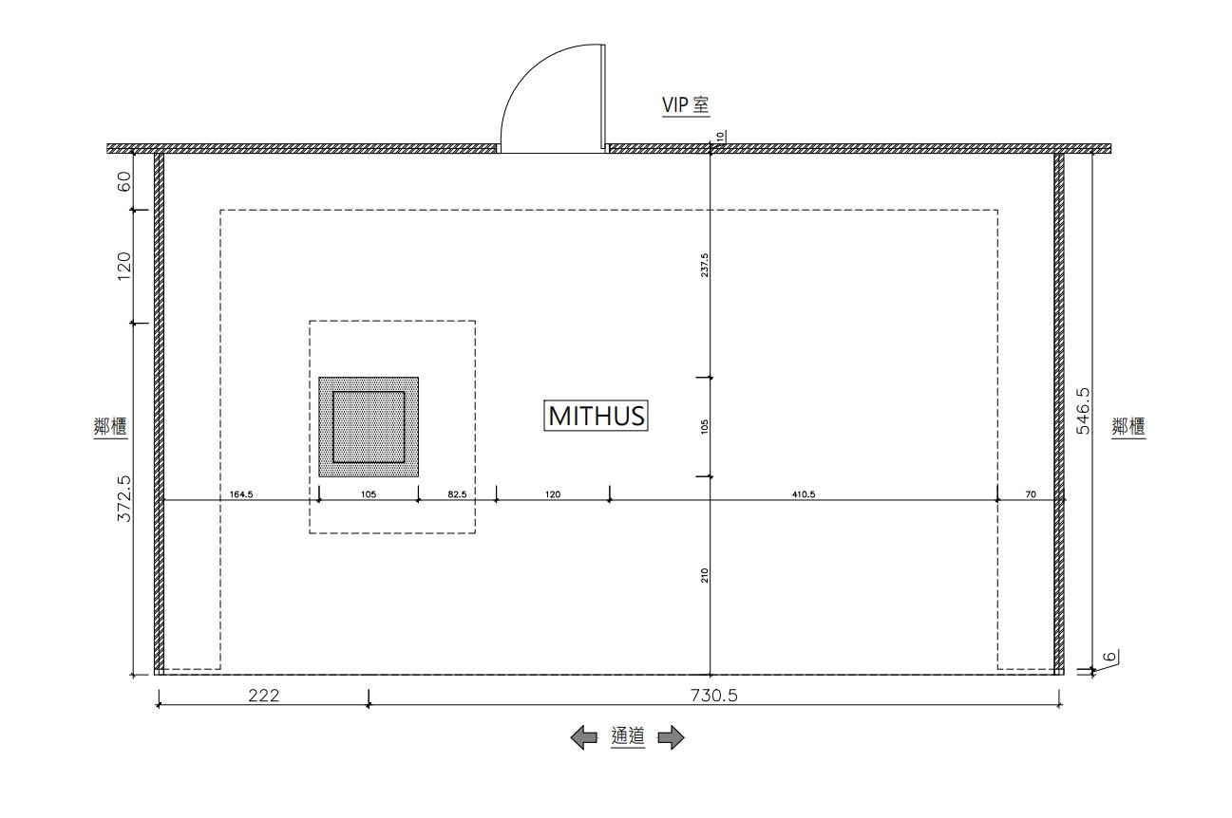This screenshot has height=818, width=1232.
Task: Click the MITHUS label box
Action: coord(596,416)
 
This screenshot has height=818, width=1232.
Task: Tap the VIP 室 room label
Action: coord(685,104)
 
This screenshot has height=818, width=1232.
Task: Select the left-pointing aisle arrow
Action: coord(583,737)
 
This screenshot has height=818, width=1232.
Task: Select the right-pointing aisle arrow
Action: coord(671,737)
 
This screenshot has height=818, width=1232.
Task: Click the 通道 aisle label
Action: coord(628,736)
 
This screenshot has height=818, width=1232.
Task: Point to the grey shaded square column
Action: coord(369,427)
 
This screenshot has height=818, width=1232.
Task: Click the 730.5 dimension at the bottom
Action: coord(714,696)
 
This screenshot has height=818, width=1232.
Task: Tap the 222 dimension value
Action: coord(263,696)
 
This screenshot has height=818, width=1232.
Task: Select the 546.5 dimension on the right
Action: coord(1083,411)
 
